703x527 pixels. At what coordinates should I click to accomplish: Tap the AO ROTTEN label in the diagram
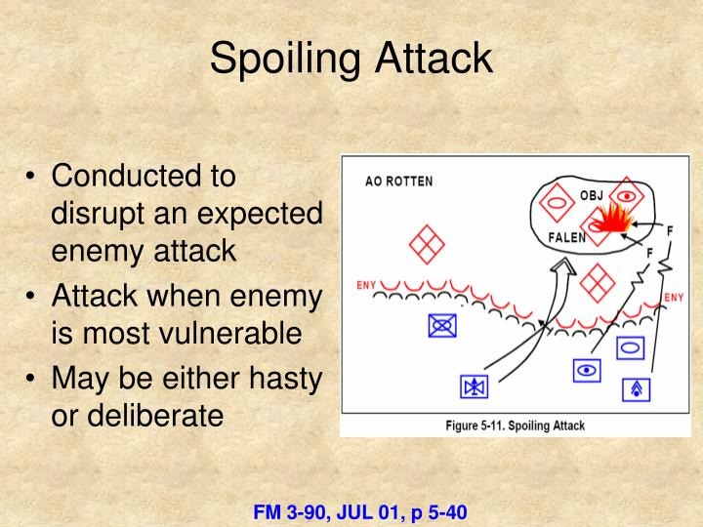pyautogui.click(x=398, y=181)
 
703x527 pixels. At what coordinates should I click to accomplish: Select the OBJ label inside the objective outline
pyautogui.click(x=592, y=195)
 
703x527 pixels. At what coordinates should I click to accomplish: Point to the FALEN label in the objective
pyautogui.click(x=567, y=237)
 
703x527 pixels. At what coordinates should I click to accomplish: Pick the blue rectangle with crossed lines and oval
pyautogui.click(x=442, y=324)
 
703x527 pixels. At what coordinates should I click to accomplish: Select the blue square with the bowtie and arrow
pyautogui.click(x=474, y=387)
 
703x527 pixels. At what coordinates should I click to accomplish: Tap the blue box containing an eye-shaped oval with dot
pyautogui.click(x=587, y=370)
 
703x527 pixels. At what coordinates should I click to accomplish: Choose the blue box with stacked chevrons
pyautogui.click(x=637, y=388)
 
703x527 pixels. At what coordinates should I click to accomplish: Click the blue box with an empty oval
pyautogui.click(x=629, y=345)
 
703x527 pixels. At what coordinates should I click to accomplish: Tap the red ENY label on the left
pyautogui.click(x=366, y=285)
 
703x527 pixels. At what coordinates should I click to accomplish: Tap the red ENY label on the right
pyautogui.click(x=674, y=297)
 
